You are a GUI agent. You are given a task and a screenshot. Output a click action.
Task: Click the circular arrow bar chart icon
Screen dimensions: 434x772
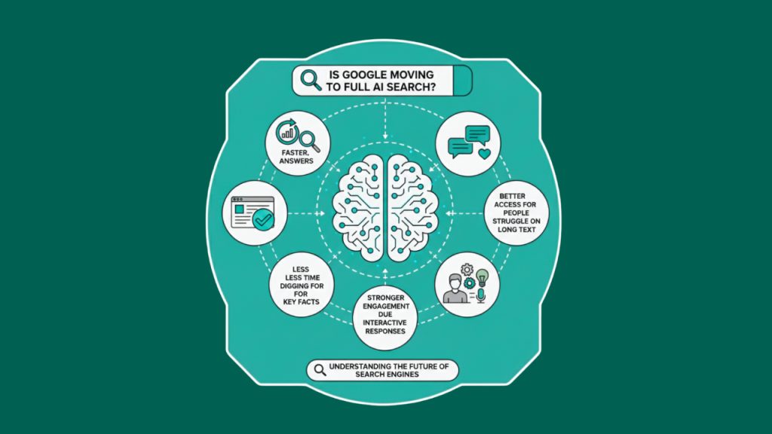pos(289,133)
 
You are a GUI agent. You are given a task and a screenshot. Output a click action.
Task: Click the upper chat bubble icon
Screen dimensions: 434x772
pos(477,134)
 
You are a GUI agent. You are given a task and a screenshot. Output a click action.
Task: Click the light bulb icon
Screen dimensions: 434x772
pos(482,278)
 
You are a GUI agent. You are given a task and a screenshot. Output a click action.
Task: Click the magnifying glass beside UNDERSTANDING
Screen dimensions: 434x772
pos(320,369)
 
